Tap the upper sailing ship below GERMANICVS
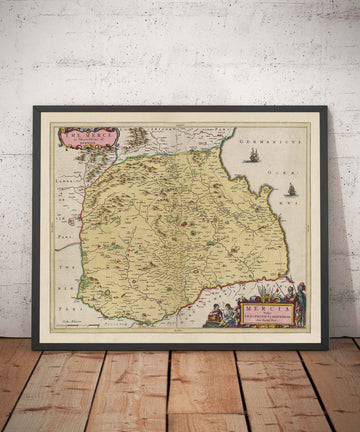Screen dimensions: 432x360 point(253,155)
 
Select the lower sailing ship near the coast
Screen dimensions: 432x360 point(291,189)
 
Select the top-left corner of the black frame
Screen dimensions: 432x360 point(34,108)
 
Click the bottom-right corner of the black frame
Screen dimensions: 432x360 point(327,347)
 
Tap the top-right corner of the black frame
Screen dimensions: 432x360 point(327,108)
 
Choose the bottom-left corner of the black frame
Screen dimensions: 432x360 point(34,347)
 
